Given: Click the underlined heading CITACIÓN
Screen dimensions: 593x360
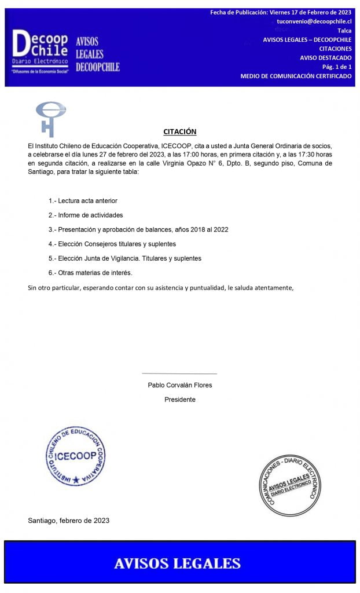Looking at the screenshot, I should coord(179,131).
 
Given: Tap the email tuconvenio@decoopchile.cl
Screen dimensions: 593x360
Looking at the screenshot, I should coord(314,21).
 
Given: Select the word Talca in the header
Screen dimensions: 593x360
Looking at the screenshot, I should coord(344,31).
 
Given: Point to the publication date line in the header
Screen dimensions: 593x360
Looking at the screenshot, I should coord(280,12).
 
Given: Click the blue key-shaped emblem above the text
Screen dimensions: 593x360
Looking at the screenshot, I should coord(50,118).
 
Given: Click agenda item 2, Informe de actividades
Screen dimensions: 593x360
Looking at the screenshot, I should coord(85,215).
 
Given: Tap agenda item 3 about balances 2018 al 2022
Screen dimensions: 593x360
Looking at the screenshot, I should coord(138,229).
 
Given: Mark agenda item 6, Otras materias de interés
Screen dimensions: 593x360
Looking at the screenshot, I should coord(90,272).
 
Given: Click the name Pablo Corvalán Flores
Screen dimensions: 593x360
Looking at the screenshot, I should coord(179,385).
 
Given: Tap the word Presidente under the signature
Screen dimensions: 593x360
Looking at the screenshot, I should coord(179,400).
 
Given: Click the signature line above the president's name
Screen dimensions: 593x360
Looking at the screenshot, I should coord(179,374).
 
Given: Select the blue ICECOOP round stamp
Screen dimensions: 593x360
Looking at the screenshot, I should coord(75,455).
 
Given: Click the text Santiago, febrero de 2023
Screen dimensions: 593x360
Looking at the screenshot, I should coord(68,521).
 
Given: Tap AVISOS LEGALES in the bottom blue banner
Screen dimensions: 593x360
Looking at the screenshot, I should coord(177,563).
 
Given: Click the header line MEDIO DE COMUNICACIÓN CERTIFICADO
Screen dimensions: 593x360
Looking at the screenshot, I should coord(295,76).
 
